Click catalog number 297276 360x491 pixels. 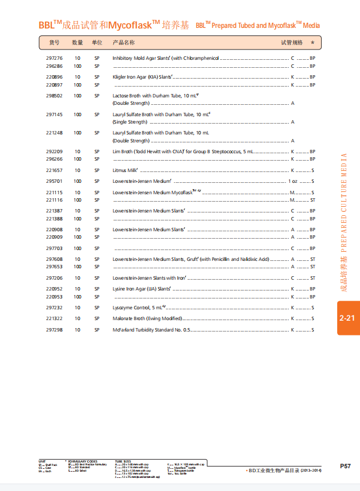[x=54, y=58]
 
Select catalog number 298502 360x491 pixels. [x=54, y=96]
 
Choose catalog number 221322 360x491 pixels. [x=54, y=318]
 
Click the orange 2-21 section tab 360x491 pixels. [x=347, y=318]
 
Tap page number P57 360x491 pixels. [x=345, y=466]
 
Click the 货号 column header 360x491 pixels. [x=54, y=43]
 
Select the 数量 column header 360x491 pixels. [x=77, y=43]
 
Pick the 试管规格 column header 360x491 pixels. [x=292, y=43]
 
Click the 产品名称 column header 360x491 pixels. [x=124, y=43]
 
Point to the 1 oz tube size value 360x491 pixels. [x=293, y=181]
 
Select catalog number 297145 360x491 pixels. [x=54, y=114]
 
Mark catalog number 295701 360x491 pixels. [x=54, y=181]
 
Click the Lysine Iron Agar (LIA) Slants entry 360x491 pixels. [x=142, y=289]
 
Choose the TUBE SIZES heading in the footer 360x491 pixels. [x=123, y=461]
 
